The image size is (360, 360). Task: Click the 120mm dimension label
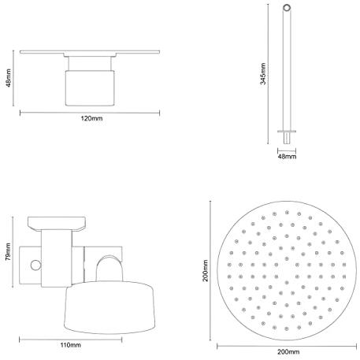pyautogui.click(x=91, y=118)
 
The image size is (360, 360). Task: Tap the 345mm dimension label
pyautogui.click(x=263, y=74)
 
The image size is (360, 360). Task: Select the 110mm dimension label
pyautogui.click(x=71, y=345)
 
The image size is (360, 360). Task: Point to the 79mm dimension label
pyautogui.click(x=8, y=251)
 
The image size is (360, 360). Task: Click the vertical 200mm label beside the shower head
pyautogui.click(x=205, y=271)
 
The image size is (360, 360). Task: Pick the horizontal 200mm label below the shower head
pyautogui.click(x=288, y=351)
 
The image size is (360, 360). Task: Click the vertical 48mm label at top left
pyautogui.click(x=8, y=78)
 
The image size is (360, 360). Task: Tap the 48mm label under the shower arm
pyautogui.click(x=287, y=157)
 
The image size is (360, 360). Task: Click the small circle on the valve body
pyautogui.click(x=35, y=265)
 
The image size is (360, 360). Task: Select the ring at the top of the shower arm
pyautogui.click(x=287, y=8)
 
